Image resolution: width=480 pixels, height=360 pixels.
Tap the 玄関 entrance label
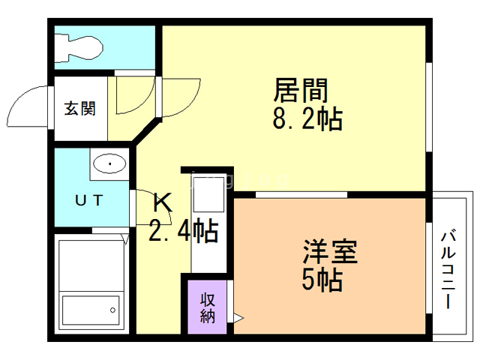pos(79,109)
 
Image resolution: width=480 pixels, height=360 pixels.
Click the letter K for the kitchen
pos(163,202)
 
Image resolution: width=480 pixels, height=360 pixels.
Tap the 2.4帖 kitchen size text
pos(184,231)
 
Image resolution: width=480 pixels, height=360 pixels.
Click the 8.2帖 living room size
pos(309,118)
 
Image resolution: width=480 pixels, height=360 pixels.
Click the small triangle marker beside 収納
pos(238,319)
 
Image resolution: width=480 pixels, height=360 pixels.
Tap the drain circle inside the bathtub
pos(113,307)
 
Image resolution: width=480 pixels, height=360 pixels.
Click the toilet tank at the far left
pos(62,46)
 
